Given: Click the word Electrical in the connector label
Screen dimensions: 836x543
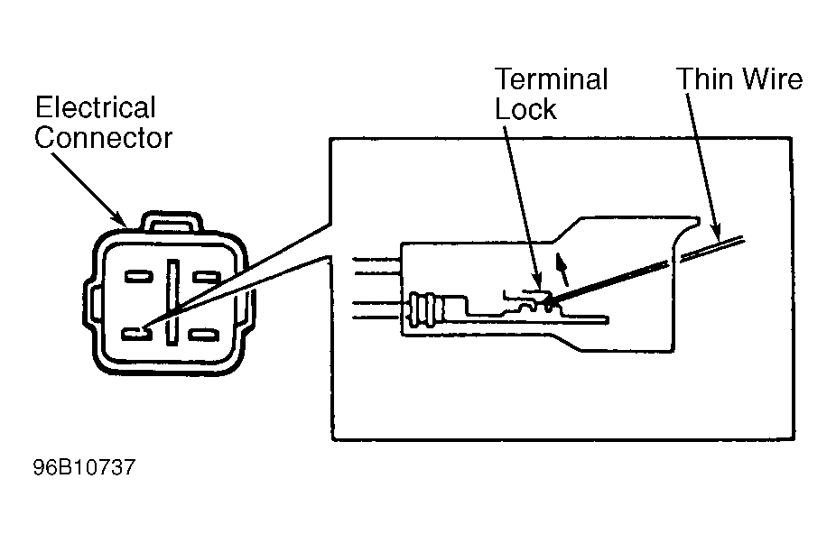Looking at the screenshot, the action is pos(96,107).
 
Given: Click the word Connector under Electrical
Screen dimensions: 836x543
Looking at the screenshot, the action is pos(104,137).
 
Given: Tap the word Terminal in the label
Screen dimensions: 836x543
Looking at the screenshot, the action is pos(552,78).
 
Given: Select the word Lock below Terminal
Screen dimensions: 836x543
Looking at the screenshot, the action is pos(525,109).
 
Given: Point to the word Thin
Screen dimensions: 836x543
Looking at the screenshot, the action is pos(705,78).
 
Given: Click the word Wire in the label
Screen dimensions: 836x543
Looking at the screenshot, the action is pos(773,78).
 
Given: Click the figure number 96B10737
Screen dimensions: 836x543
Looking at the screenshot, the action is pos(84,467).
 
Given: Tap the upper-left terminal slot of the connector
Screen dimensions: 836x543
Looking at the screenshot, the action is pos(139,277).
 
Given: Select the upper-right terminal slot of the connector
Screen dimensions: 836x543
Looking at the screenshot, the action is pos(206,277).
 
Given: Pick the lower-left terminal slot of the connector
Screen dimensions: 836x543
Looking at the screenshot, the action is pos(137,334).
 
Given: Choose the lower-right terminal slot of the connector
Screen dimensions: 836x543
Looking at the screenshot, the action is pos(204,335).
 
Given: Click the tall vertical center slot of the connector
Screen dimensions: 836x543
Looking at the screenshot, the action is pos(172,302).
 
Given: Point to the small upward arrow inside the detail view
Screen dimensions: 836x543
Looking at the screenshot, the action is pos(562,270).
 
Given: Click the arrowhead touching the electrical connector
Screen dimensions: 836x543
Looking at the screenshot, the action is pos(120,219).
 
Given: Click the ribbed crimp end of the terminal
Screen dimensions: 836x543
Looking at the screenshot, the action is pos(424,308).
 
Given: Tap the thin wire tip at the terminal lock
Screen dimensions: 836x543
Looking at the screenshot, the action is pos(549,305).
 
